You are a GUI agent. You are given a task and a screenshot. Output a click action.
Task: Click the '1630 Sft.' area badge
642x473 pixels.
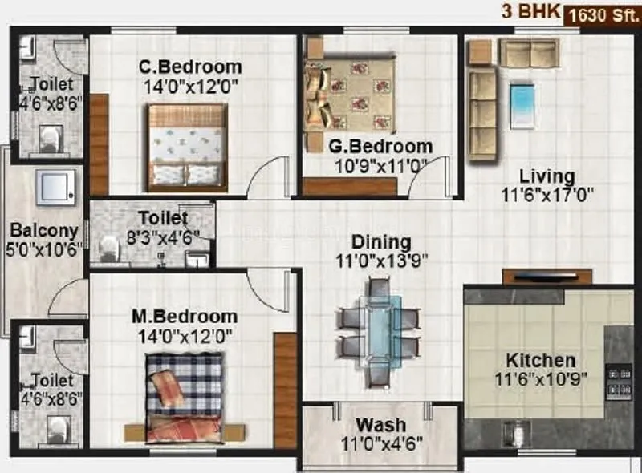point(601,14)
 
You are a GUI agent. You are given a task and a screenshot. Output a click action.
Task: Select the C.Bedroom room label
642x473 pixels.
point(189,67)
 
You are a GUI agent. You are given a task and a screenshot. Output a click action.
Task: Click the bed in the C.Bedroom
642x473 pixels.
point(188,148)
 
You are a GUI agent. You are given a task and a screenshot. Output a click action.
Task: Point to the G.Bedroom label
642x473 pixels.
point(380,147)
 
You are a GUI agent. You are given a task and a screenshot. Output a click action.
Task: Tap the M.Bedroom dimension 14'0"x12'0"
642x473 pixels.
point(183,336)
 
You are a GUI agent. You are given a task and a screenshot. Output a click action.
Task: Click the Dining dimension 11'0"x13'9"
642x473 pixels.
point(381,260)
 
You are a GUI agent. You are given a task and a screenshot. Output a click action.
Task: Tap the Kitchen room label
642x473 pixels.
point(539,360)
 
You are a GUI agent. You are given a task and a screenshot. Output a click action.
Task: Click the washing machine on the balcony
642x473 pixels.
point(55,186)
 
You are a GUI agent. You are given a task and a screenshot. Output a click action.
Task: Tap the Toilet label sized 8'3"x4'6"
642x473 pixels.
point(163,218)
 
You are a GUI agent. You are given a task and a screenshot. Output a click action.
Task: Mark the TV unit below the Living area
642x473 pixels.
point(547,277)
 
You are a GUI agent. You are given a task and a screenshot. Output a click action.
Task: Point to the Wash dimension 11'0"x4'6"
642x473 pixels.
point(382,443)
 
